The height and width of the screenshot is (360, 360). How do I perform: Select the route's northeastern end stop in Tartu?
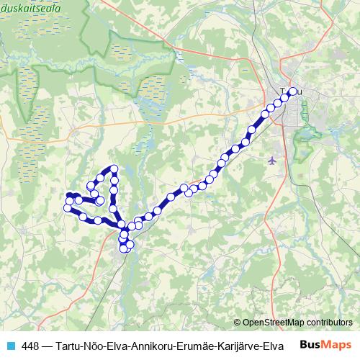coord(292,91)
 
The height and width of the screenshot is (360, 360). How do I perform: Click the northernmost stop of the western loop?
coord(114,169)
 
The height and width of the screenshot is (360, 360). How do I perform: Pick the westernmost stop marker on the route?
coord(68,208)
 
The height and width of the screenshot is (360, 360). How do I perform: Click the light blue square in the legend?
coord(10,344)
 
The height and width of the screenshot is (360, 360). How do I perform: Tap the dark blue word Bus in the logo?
coord(310,343)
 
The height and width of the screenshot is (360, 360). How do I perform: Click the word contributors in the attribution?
coord(328,323)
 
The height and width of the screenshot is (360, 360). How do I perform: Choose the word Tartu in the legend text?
coord(68,344)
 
